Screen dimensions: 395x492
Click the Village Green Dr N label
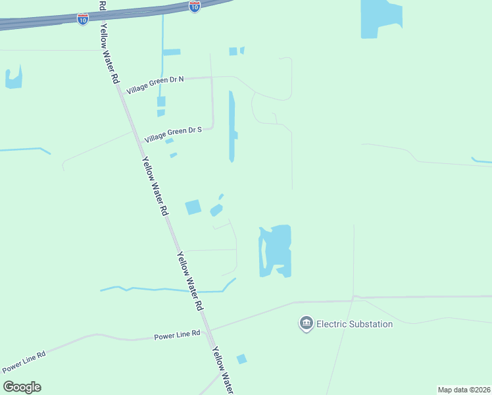coord(155,83)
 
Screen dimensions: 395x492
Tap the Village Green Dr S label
coord(172,134)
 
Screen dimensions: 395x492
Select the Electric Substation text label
coord(355,324)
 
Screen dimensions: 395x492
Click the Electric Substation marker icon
coord(306,323)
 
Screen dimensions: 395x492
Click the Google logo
coord(22,387)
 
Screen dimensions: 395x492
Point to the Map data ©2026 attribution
coord(464,389)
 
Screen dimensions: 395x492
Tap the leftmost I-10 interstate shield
coord(82,20)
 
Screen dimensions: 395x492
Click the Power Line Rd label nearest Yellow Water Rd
coord(177,335)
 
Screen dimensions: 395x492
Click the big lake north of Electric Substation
coord(276,250)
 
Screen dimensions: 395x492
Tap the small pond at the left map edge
coord(13,79)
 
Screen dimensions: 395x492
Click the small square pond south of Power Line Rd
coord(241,359)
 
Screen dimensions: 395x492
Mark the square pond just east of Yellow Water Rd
coord(193,207)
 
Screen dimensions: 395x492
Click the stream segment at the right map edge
coord(481,160)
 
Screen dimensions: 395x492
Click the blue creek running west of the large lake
coord(164,290)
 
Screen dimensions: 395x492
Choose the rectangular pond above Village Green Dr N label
coord(172,52)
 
